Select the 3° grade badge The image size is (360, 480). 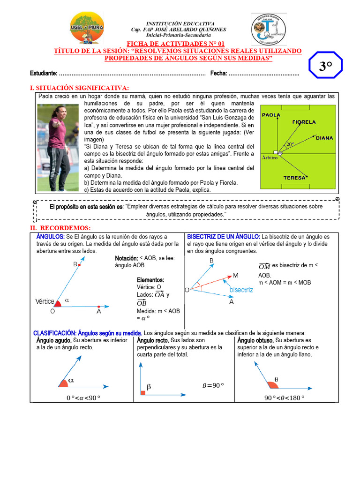(x=325, y=67)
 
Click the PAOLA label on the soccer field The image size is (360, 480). (x=271, y=115)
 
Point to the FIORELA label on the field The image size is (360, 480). (x=304, y=122)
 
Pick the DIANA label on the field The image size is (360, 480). (x=324, y=138)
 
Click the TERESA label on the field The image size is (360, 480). (x=294, y=178)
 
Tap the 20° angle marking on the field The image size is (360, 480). (x=291, y=145)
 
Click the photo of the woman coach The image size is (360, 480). (x=58, y=148)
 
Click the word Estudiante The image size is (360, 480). (x=44, y=74)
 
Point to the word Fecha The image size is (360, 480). (x=218, y=74)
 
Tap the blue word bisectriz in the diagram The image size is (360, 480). (x=241, y=290)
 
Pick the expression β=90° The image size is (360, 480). (x=213, y=385)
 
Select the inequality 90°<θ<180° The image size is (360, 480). (x=284, y=398)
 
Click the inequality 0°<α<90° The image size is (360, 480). (x=83, y=398)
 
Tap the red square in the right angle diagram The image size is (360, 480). (x=143, y=391)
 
